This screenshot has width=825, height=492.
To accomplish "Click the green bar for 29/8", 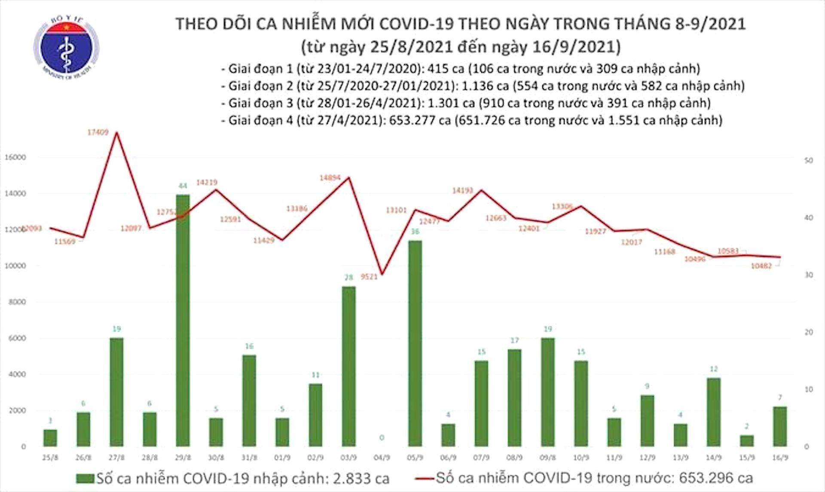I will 183,320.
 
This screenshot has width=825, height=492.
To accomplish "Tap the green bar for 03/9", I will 348,366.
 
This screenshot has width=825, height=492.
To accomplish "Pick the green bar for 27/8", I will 116,392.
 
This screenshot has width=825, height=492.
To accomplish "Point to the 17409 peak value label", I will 98,133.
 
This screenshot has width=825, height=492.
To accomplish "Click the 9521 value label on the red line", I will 369,277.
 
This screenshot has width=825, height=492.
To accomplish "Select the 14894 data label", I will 330,177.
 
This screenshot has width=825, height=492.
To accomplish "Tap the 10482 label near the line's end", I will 761,266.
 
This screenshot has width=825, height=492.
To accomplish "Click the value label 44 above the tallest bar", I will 183,186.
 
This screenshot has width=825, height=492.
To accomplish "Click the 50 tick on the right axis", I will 808,161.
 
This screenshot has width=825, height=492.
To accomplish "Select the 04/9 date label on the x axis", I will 382,458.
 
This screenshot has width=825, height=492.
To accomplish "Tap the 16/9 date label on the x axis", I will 780,458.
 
